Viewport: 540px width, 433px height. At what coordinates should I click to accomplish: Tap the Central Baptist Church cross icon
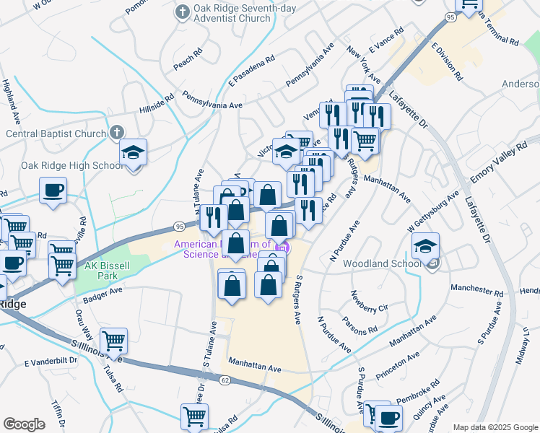[118, 133]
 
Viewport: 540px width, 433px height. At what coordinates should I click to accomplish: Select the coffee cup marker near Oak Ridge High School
[53, 191]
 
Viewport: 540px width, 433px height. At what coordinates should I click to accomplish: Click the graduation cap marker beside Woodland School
[426, 246]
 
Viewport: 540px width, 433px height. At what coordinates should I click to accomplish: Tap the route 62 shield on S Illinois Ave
[225, 380]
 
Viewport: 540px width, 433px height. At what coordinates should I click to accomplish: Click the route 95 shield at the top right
[450, 16]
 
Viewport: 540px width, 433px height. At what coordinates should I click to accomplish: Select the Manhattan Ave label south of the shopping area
[254, 367]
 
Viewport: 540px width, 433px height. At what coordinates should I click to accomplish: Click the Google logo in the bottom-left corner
[24, 424]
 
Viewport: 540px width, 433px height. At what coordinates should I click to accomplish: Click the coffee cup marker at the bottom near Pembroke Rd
[389, 417]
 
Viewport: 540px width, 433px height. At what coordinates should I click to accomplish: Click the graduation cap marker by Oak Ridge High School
[133, 153]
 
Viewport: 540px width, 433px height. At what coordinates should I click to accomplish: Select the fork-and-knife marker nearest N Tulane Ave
[214, 216]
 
